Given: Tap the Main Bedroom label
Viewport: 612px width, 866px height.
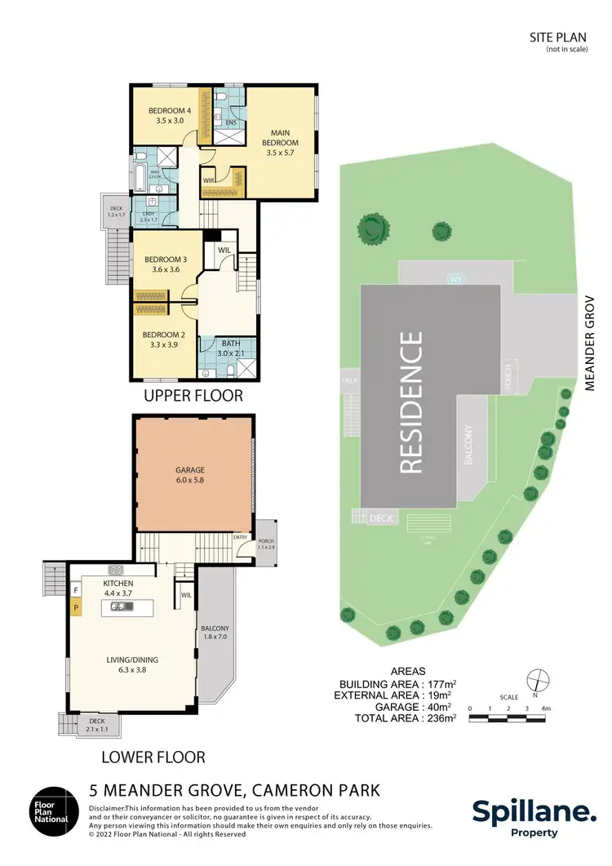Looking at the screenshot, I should (280, 136).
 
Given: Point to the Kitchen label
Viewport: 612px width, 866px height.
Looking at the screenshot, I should (118, 584).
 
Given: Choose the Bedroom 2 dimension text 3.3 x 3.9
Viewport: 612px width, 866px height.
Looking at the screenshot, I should (165, 345).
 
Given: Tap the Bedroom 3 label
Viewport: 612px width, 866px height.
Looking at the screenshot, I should (166, 260).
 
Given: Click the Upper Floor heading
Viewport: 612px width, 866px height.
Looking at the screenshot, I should (193, 396).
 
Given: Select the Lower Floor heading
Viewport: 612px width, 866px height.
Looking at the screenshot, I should (153, 756).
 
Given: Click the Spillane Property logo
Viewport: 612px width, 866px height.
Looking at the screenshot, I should (534, 817).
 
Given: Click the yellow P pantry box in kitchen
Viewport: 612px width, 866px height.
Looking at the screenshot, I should (76, 607).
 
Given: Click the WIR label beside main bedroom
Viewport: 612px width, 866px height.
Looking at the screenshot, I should (209, 181).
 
